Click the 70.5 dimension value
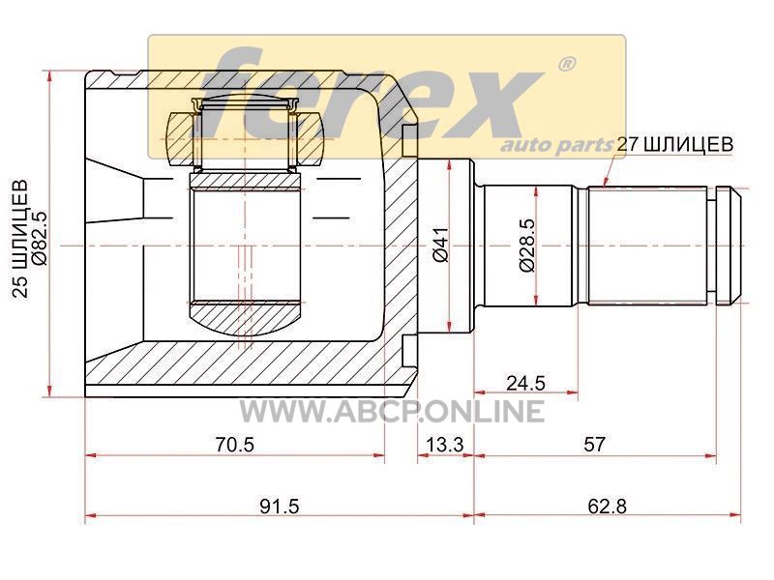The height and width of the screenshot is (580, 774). coord(234,445)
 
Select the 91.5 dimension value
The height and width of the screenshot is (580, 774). coord(280,506)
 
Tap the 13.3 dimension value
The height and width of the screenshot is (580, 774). coord(445,445)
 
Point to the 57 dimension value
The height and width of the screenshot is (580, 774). coord(594,445)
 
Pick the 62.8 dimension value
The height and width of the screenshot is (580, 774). coord(608,506)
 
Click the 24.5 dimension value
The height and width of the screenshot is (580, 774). coord(525,382)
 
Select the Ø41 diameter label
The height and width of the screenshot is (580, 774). coord(440,245)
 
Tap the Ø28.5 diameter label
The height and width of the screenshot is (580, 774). coord(527,245)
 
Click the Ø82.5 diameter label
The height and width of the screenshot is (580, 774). coord(40,238)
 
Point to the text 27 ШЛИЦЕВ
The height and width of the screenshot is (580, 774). coord(675,144)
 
